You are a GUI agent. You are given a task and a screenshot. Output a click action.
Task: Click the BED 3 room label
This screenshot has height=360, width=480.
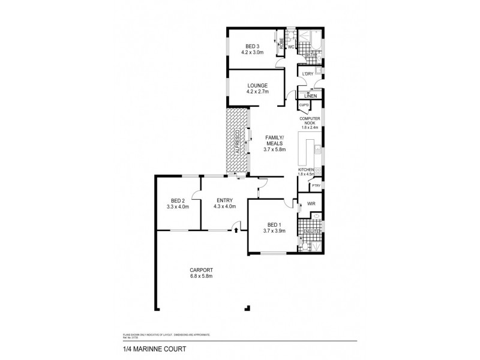[253, 46]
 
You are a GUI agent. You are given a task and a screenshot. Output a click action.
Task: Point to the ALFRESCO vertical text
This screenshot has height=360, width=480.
[238, 142]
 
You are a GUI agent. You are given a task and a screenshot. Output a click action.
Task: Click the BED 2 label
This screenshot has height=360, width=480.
[178, 201]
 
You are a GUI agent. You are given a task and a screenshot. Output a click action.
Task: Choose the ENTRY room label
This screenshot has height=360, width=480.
[225, 201]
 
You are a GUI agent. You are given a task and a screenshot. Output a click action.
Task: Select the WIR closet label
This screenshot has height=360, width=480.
[311, 205]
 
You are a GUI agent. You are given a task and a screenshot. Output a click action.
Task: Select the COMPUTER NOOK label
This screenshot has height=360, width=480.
[310, 120]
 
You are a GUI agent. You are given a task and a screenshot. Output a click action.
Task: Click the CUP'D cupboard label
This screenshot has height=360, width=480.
[304, 106]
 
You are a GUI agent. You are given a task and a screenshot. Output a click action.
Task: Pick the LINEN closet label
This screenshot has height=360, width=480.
[310, 96]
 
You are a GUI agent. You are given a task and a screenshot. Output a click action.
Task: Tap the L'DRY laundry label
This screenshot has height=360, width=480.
[308, 74]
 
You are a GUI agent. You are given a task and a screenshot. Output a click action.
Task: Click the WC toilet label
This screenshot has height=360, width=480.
[290, 47]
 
